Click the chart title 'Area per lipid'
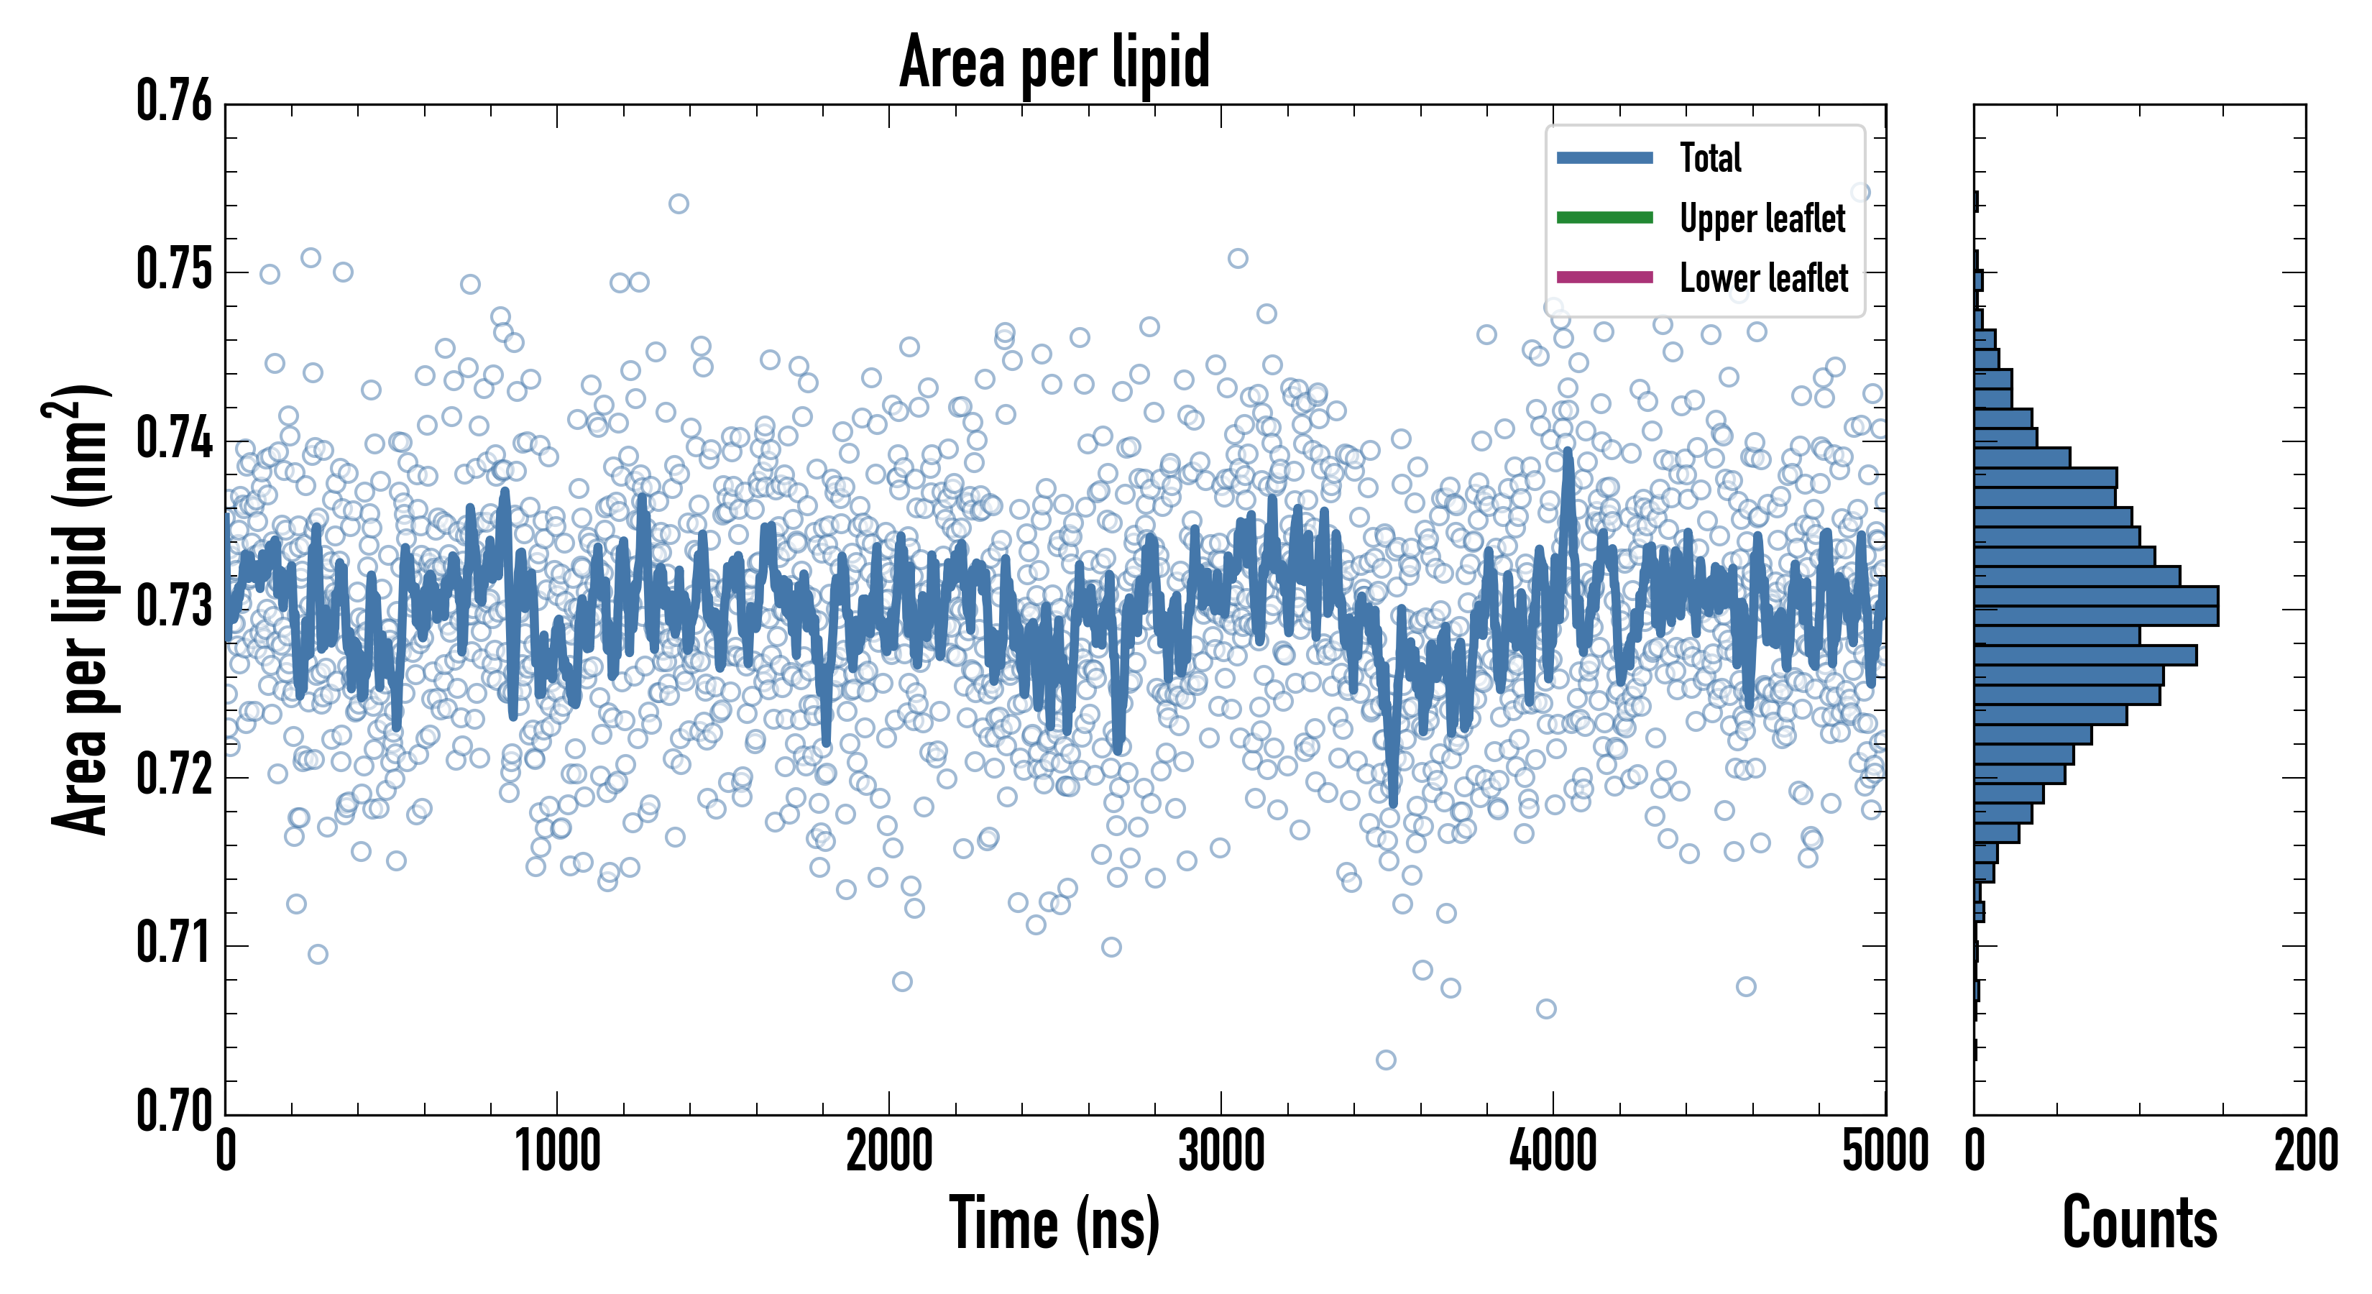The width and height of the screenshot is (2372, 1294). [x=1054, y=62]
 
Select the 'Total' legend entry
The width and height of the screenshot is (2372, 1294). [x=1710, y=157]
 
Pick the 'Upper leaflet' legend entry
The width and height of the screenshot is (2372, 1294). [x=1762, y=219]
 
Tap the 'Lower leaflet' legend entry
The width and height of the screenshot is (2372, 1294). [x=1763, y=277]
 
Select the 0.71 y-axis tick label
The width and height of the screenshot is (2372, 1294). [x=174, y=943]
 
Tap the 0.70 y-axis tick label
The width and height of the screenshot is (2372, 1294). [x=174, y=1110]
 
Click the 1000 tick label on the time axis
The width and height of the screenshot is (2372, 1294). [x=557, y=1151]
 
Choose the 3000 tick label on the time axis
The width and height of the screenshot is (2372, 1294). [x=1221, y=1151]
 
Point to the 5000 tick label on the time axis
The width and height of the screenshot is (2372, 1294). [x=1885, y=1151]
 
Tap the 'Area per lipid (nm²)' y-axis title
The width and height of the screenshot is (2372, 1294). [x=81, y=610]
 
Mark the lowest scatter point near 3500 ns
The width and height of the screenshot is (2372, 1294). [x=1386, y=1060]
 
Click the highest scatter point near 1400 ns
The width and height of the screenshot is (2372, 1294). [x=679, y=203]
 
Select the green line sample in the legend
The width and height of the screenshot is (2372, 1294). [x=1604, y=217]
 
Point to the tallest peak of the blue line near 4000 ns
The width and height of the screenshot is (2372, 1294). [x=1567, y=451]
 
